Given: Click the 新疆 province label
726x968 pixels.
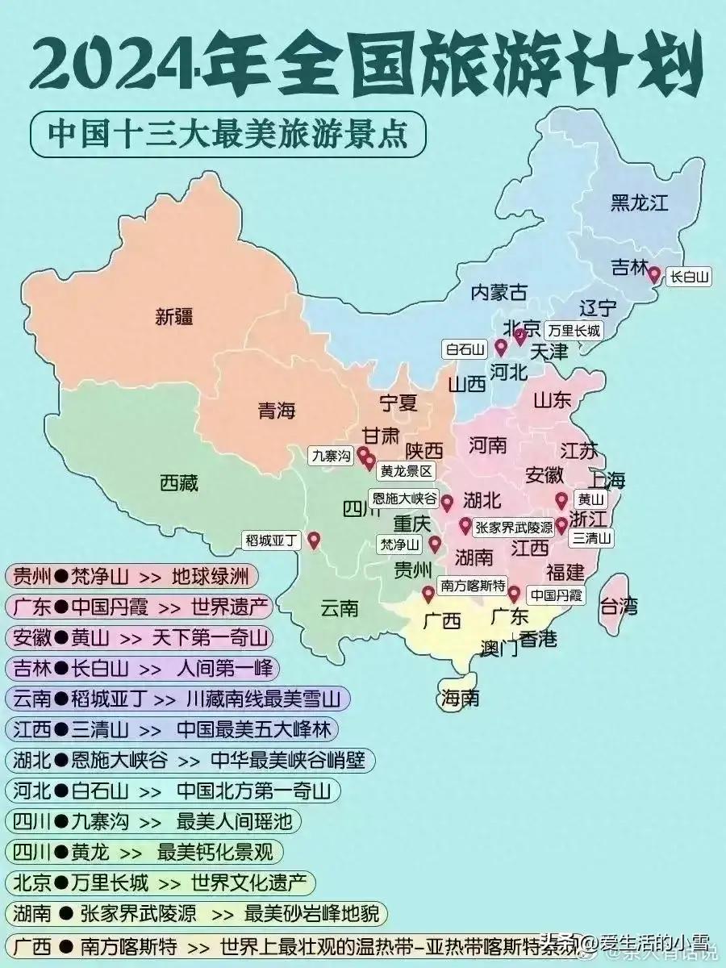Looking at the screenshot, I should [174, 316].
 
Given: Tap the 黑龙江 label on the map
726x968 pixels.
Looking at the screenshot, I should [640, 202].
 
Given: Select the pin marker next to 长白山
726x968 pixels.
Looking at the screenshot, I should [654, 275].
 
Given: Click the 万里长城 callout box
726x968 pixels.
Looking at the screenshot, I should [572, 330].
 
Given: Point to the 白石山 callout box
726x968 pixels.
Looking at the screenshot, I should [465, 349].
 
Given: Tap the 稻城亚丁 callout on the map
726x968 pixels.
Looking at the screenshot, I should [270, 540].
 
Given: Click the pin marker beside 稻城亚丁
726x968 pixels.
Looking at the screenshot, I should [314, 540].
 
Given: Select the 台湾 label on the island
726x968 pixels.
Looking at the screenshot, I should [619, 605].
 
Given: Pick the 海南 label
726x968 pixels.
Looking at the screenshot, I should [459, 697].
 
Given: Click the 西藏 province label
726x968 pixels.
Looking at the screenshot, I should [179, 483].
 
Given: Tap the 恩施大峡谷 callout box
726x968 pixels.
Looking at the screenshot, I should [404, 499].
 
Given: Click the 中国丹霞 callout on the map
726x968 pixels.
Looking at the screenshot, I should [556, 595].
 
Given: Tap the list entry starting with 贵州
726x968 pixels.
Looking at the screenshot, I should [133, 577].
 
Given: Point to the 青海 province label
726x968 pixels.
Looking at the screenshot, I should [277, 411].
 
